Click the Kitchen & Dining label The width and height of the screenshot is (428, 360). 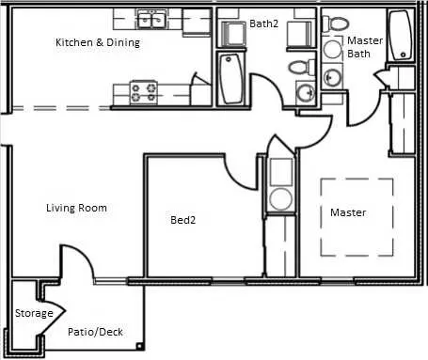point(98,42)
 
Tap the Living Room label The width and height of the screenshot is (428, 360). point(76,208)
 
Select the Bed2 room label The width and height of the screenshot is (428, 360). point(182,220)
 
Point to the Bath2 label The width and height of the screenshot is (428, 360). point(263,23)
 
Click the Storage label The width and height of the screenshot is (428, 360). point(34,313)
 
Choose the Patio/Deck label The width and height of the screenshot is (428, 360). point(95,332)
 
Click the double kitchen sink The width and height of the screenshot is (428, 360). point(151,19)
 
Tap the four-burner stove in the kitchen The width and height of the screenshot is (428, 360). point(144,92)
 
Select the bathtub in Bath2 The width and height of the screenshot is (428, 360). point(231,79)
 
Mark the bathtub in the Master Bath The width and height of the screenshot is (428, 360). point(401,36)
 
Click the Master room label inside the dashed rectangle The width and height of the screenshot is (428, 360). point(348,212)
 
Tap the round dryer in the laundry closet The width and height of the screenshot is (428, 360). point(281,198)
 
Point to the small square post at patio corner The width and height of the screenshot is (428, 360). point(139,346)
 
